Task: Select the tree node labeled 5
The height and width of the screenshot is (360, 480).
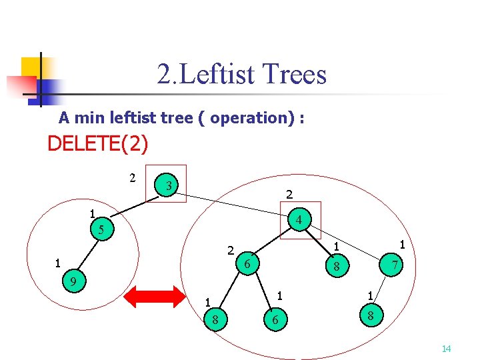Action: pos(101,230)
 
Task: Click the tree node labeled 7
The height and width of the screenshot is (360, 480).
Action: pos(395,265)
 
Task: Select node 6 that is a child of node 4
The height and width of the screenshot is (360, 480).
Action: pos(247,264)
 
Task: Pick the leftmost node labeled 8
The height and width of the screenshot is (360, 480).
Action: pos(215,320)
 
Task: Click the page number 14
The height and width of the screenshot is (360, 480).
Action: pos(446,349)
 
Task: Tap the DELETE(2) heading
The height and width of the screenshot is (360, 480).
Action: pos(97,143)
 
